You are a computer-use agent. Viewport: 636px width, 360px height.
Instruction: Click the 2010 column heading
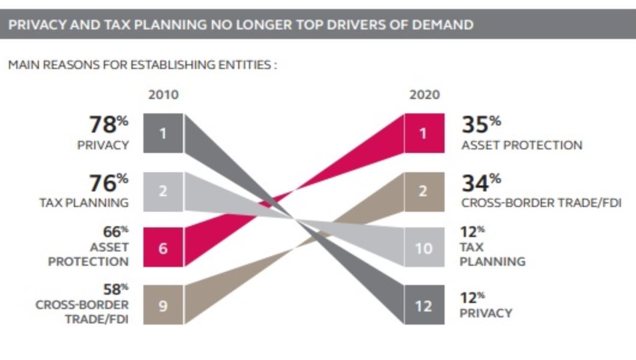click(163, 95)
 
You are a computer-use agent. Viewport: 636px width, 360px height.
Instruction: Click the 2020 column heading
click(424, 95)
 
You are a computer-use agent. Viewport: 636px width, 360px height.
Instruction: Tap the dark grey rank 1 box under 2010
click(163, 133)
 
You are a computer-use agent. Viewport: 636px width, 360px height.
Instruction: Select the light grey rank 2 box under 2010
click(163, 191)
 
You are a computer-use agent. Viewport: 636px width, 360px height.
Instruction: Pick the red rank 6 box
click(163, 247)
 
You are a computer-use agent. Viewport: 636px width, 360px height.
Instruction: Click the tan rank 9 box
click(163, 305)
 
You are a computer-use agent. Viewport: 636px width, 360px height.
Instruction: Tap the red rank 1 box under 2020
click(424, 133)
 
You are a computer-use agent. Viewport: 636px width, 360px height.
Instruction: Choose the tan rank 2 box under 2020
click(424, 191)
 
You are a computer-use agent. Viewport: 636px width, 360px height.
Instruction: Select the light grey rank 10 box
click(424, 247)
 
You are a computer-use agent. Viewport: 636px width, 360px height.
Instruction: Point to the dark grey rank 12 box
click(424, 305)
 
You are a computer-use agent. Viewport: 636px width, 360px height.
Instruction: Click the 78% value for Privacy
click(109, 125)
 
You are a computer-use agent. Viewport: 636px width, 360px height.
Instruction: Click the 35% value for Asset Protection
click(481, 125)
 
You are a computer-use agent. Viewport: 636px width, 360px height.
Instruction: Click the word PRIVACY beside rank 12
click(486, 313)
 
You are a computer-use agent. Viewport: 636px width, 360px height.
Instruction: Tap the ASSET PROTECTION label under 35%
click(521, 145)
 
